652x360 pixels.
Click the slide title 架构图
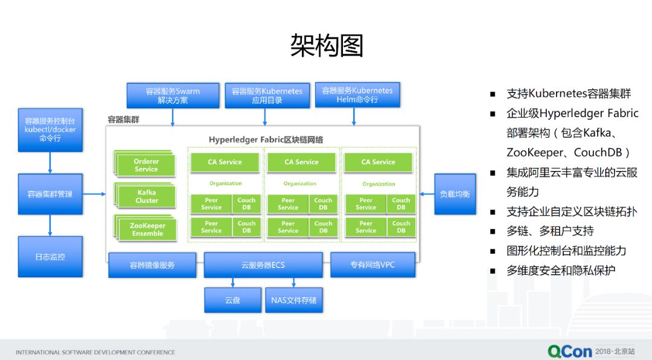click(x=326, y=45)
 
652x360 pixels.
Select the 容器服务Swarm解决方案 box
click(x=172, y=95)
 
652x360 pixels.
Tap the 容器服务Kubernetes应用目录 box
click(x=267, y=95)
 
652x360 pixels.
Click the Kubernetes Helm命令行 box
click(x=357, y=95)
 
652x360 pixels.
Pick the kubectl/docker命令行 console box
click(x=50, y=129)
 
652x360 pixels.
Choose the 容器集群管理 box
click(x=50, y=194)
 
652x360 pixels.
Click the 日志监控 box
click(x=50, y=257)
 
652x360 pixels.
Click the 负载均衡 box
click(x=455, y=194)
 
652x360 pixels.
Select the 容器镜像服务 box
click(x=152, y=265)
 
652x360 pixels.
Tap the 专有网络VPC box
click(x=372, y=265)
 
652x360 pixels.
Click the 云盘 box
click(x=232, y=300)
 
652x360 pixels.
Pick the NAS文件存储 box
click(x=293, y=300)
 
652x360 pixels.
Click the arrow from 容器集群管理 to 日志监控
click(x=50, y=225)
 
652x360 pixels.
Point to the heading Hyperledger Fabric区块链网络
click(x=266, y=140)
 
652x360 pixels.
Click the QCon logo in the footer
click(x=569, y=350)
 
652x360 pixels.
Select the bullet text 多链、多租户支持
click(x=550, y=231)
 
